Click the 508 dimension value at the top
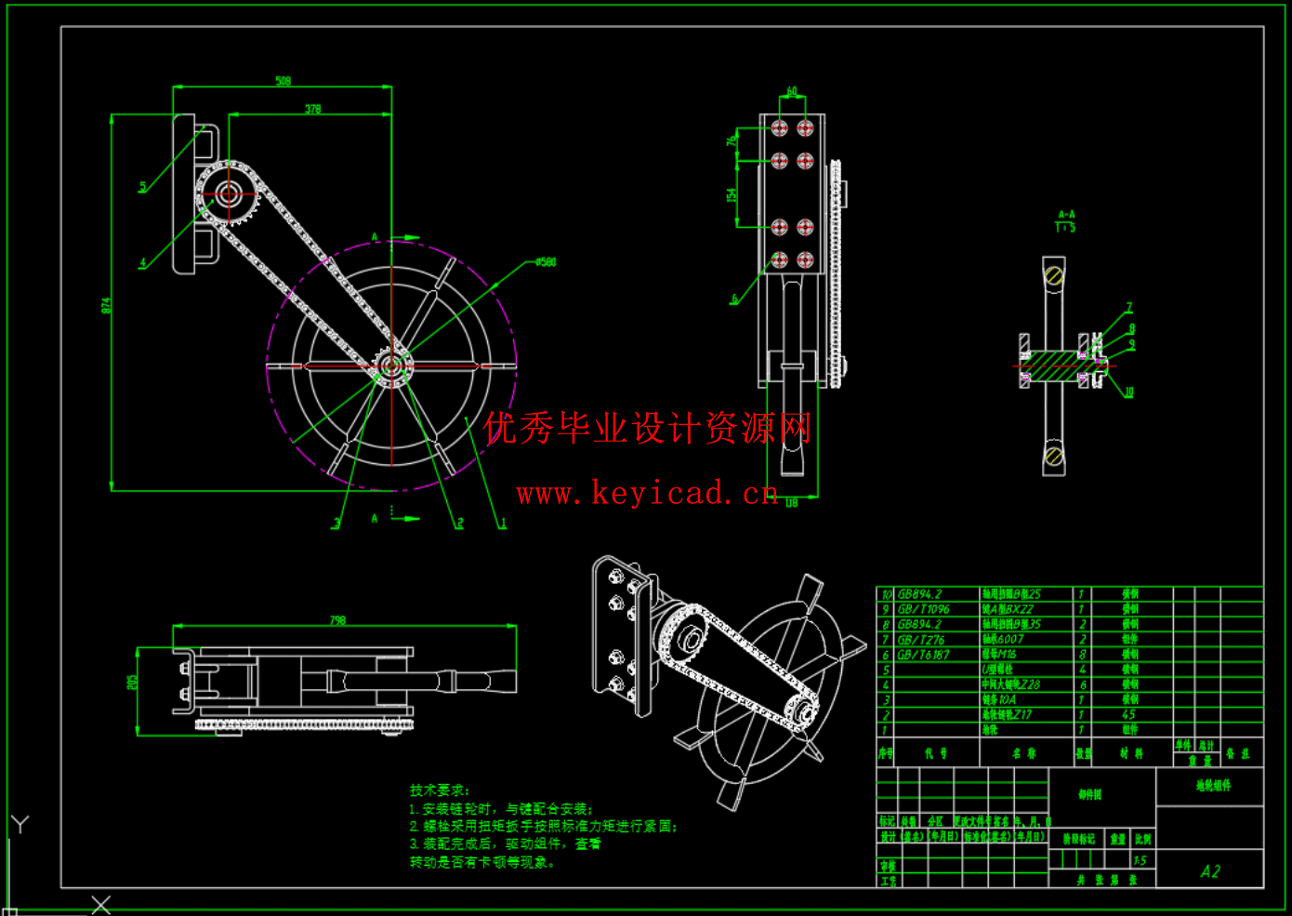click(x=283, y=81)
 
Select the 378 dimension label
click(x=313, y=109)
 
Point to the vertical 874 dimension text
click(x=106, y=305)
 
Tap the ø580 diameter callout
click(x=546, y=262)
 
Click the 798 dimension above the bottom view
click(x=337, y=619)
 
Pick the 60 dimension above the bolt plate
click(x=792, y=91)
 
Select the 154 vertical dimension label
click(x=732, y=195)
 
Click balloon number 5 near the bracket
click(x=142, y=187)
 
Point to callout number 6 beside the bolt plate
click(x=734, y=299)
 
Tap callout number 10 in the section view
click(x=1129, y=392)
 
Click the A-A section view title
click(x=1066, y=215)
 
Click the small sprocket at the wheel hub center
click(x=391, y=365)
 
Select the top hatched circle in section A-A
click(x=1054, y=274)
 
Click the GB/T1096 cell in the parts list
click(x=924, y=609)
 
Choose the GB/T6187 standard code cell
click(x=924, y=655)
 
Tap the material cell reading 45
click(x=1128, y=715)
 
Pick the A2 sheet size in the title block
click(x=1209, y=871)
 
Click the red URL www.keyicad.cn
click(x=647, y=493)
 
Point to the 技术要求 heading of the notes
click(x=440, y=790)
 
